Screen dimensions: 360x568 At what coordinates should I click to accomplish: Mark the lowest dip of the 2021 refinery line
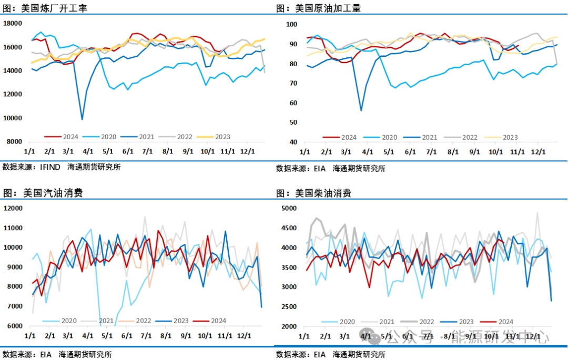[82, 119]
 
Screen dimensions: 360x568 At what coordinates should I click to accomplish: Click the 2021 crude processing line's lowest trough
[361, 110]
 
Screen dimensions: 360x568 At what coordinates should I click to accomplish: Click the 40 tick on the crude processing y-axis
[292, 142]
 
